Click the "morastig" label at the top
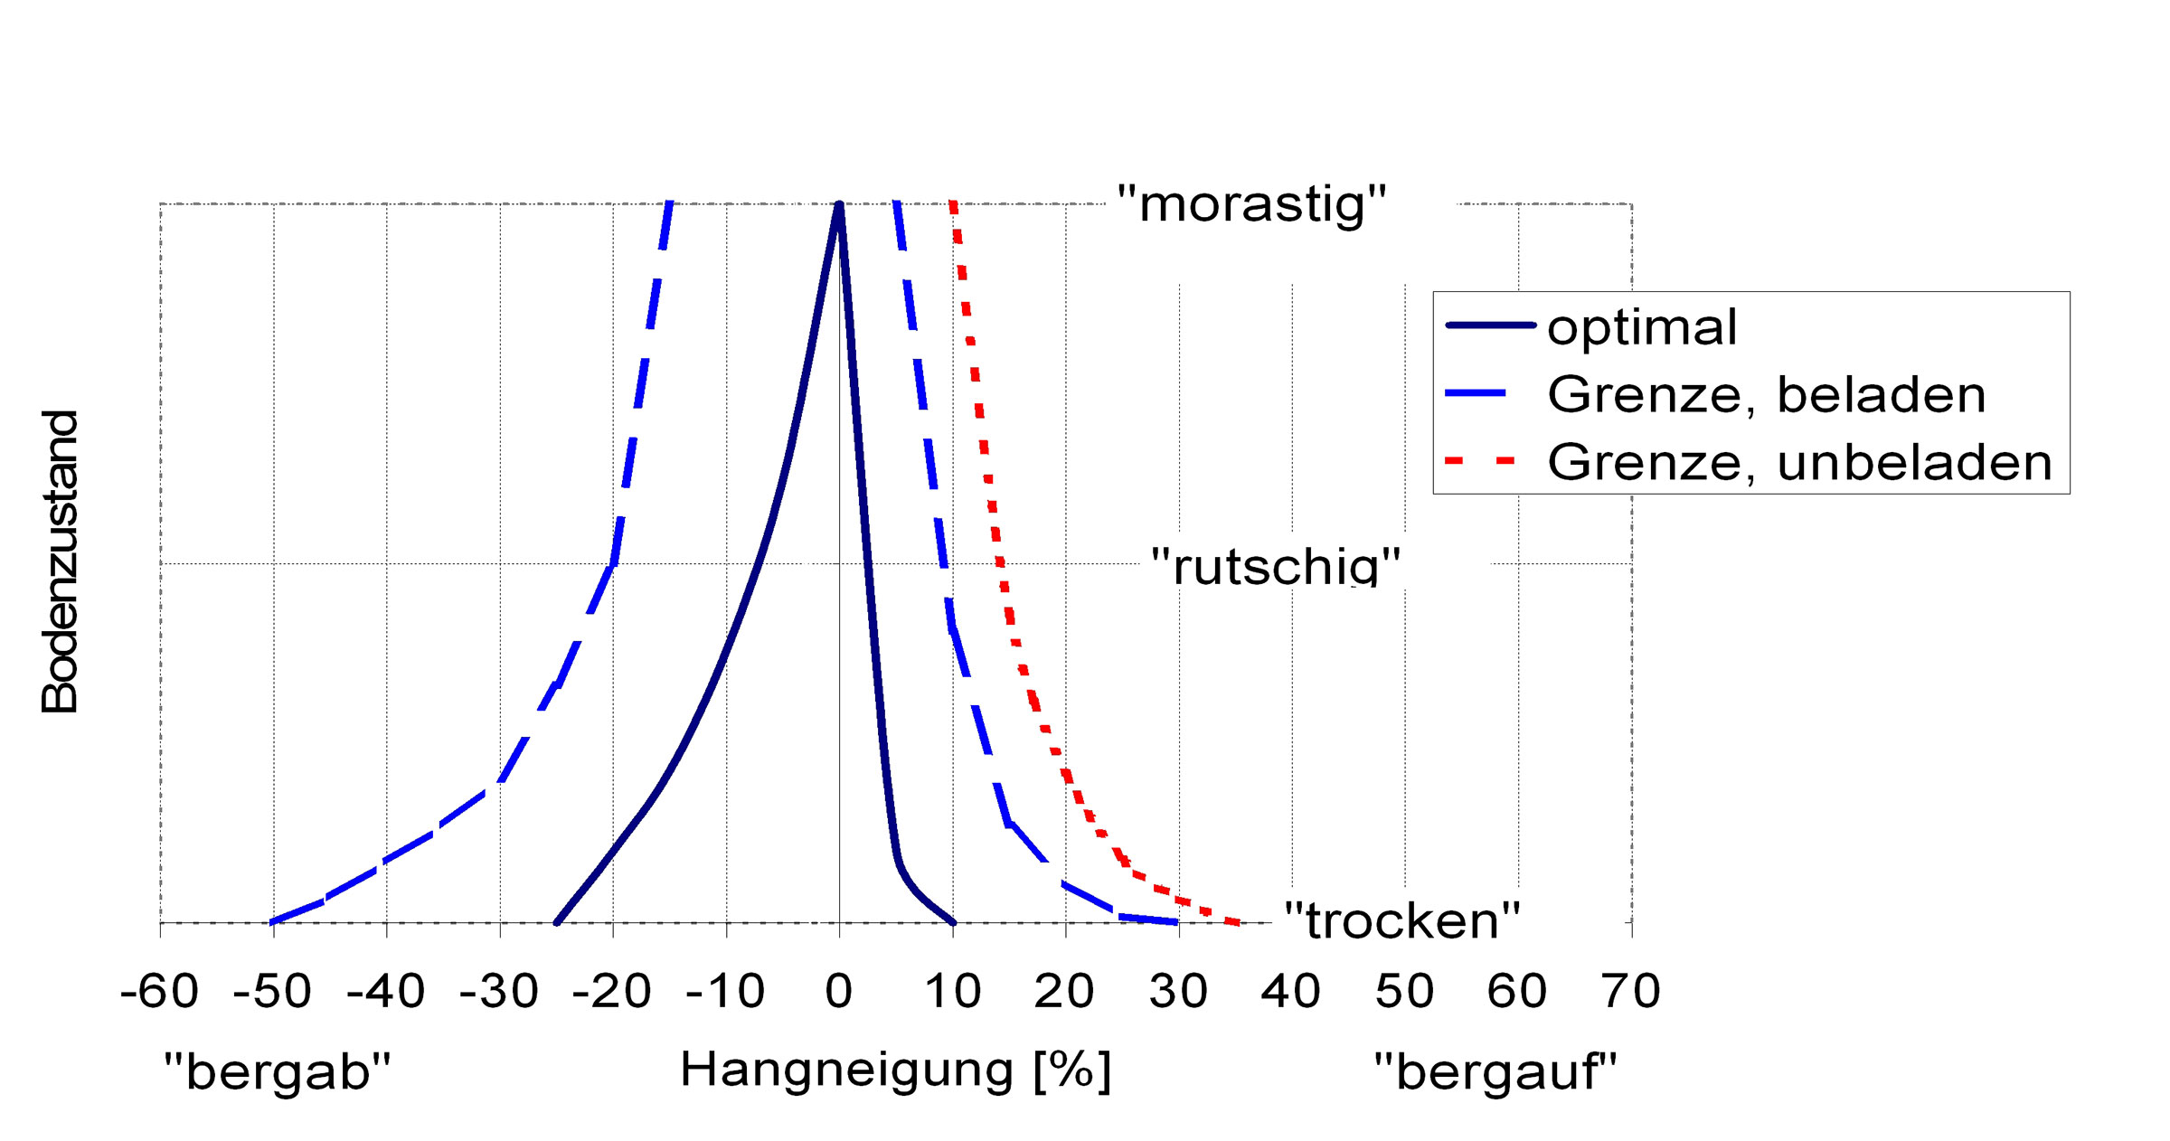1251,204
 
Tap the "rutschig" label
1275,567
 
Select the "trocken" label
1402,920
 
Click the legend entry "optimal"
1642,326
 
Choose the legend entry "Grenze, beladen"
1766,394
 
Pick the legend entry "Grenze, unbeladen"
1799,462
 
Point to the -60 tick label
159,992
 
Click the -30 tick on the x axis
499,992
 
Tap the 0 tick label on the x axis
839,992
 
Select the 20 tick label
1064,992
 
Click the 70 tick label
1630,992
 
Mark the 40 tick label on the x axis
1291,992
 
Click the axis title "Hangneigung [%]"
895,1071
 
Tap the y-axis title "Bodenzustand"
61,561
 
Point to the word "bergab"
277,1072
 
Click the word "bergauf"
1495,1072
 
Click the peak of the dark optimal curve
839,205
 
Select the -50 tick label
272,992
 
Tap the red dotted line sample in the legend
1480,461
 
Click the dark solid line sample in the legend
1490,325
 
